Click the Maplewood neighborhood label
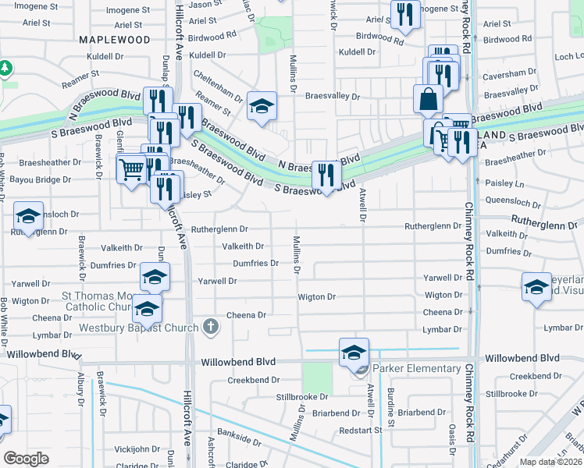[114, 39]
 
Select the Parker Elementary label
[416, 368]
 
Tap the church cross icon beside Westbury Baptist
[209, 327]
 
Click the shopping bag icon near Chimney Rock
[428, 99]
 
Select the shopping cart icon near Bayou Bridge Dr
[131, 168]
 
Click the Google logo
[26, 459]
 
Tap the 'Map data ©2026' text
[551, 462]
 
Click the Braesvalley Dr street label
[332, 97]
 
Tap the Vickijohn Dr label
[137, 450]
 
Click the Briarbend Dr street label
[420, 412]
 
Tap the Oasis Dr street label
[451, 441]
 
